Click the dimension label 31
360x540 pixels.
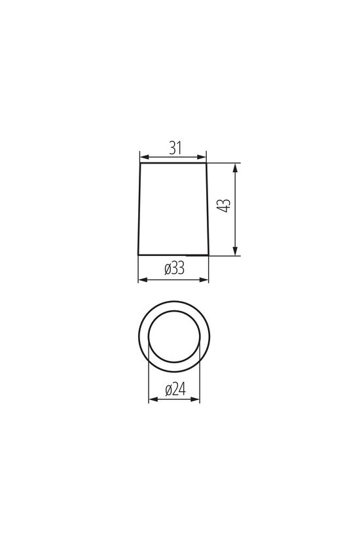[x=175, y=148]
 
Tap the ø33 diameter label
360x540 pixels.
[x=175, y=268]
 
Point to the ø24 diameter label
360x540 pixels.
[x=175, y=389]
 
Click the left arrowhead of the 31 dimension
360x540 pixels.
[x=145, y=157]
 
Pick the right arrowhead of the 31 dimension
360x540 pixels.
[x=202, y=157]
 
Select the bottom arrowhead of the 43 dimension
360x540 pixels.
[x=235, y=251]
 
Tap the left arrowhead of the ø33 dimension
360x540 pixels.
[x=143, y=279]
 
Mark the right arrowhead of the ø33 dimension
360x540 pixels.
[x=204, y=279]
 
